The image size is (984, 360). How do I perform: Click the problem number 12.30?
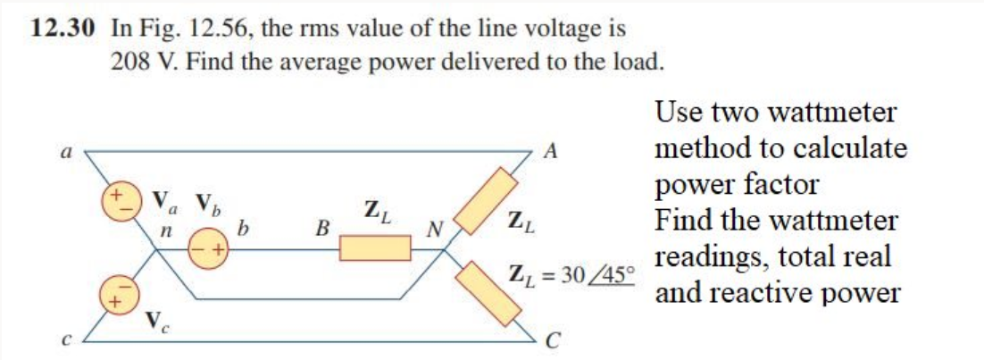61,28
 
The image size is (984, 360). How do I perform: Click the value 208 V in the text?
140,63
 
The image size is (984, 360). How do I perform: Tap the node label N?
436,230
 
